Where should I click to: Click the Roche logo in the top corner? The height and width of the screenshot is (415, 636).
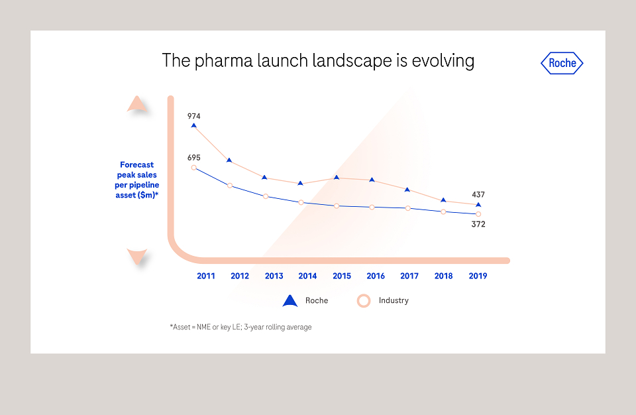point(562,63)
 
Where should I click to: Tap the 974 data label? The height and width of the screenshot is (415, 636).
point(194,116)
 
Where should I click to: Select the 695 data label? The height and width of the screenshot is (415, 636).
point(194,158)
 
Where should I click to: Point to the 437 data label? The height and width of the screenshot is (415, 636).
point(478,194)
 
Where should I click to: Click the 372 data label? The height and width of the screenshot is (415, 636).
point(478,224)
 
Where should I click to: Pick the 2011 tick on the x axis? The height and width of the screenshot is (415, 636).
point(205,276)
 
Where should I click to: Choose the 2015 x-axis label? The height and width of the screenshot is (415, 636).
point(342,276)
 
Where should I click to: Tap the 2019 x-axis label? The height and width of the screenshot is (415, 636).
point(478,276)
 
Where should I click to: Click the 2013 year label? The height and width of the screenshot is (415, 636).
point(274,276)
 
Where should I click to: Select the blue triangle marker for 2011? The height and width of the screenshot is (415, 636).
point(194,126)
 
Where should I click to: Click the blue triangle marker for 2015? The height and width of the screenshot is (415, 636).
point(337,178)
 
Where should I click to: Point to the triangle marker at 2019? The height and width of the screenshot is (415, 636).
point(478,205)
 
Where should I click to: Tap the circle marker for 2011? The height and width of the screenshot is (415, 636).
point(194,168)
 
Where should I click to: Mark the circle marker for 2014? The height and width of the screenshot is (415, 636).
point(301,202)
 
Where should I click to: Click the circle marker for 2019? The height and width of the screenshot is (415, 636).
point(478,214)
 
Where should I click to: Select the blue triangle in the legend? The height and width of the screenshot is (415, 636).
point(290,301)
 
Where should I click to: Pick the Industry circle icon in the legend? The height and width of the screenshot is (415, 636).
point(364,301)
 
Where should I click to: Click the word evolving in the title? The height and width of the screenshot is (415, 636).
point(443,61)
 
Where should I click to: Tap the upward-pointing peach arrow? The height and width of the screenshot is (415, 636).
point(136,104)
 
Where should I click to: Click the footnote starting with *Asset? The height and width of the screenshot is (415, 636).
point(241,327)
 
